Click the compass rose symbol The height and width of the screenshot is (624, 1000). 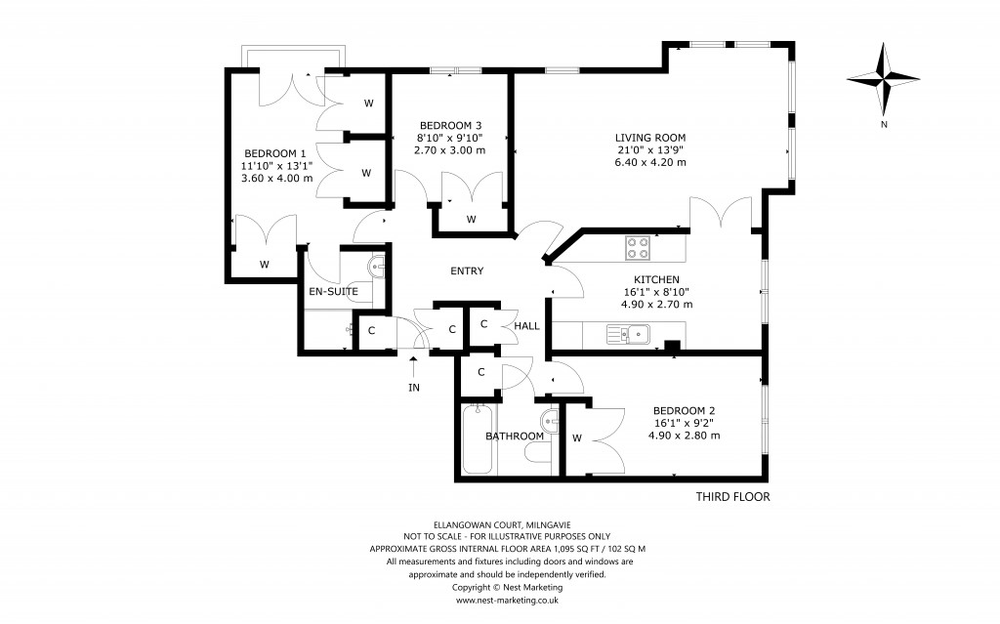pyautogui.click(x=883, y=79)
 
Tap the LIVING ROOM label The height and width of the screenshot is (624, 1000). pyautogui.click(x=649, y=137)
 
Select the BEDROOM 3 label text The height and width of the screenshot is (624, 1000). pyautogui.click(x=450, y=125)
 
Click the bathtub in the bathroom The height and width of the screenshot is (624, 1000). pyautogui.click(x=478, y=438)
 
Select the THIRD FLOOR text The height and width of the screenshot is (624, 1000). pyautogui.click(x=731, y=497)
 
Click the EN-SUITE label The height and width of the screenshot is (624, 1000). pyautogui.click(x=333, y=291)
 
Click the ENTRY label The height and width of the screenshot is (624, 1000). pyautogui.click(x=467, y=270)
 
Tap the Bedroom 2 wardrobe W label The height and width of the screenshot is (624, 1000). pyautogui.click(x=576, y=438)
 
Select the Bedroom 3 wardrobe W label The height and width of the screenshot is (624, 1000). pyautogui.click(x=471, y=220)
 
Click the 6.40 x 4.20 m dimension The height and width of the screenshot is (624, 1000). pyautogui.click(x=649, y=162)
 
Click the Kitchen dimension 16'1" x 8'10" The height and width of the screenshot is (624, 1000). pyautogui.click(x=656, y=292)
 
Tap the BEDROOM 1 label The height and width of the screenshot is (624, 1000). pyautogui.click(x=275, y=153)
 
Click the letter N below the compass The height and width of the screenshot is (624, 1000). pyautogui.click(x=883, y=124)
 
